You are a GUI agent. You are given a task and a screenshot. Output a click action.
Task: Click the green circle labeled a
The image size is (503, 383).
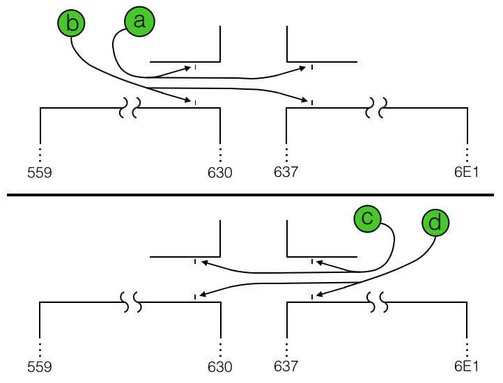point(139,22)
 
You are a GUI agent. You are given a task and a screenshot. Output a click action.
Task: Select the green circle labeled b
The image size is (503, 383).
point(70,24)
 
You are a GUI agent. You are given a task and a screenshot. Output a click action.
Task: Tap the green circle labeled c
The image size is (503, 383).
point(367,218)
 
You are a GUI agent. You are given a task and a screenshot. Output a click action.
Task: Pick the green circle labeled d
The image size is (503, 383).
point(435,223)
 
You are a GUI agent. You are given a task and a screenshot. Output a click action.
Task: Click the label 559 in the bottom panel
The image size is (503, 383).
point(40,366)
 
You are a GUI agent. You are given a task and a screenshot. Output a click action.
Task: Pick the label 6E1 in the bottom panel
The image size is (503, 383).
point(466,366)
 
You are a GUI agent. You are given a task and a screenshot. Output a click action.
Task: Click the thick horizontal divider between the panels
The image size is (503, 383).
point(251,196)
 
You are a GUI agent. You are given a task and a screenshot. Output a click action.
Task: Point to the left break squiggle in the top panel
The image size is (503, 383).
point(130,107)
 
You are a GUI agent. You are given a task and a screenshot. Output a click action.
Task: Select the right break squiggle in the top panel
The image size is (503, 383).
point(377,107)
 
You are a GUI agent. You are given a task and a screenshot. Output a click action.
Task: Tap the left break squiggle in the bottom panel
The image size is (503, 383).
point(130,302)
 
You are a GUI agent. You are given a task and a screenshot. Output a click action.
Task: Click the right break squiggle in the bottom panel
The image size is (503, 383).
point(377,302)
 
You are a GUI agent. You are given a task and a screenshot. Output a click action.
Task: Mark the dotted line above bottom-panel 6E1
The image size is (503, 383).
point(467,347)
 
